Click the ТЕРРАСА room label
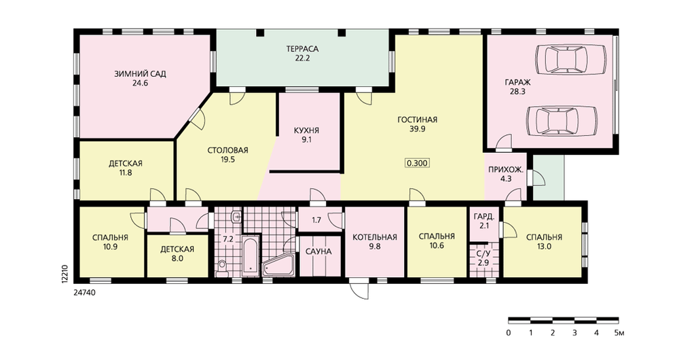coord(302,48)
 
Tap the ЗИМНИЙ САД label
coord(140,73)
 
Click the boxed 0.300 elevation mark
coord(418,163)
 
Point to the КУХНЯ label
coord(307,130)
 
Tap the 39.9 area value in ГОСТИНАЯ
coord(418,128)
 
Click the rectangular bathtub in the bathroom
coord(250,256)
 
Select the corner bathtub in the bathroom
coord(279,264)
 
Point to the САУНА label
coord(318,251)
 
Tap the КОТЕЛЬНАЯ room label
coord(375,238)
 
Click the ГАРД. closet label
coord(483,217)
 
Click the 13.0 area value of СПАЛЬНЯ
coord(545,247)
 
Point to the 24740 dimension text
coord(84,293)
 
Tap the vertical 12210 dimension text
coord(64,274)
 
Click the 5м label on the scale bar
coord(619,333)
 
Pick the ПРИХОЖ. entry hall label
coord(506,169)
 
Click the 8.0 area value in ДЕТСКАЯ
coord(177,259)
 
